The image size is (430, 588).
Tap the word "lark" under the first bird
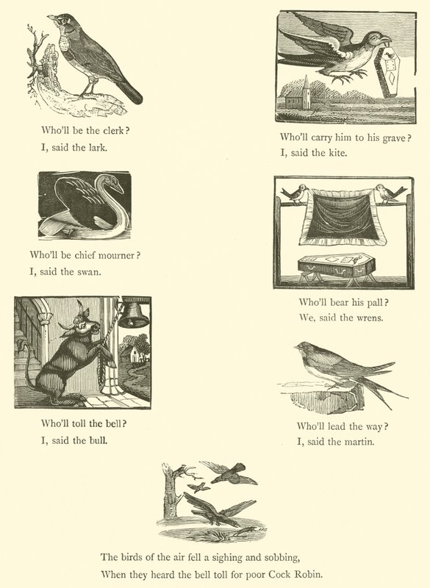[98, 148]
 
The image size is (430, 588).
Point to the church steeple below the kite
[306, 91]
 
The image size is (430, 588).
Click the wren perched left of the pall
[295, 194]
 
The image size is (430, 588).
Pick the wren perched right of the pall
[390, 194]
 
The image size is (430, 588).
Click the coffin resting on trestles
[336, 265]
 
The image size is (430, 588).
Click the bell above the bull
[133, 315]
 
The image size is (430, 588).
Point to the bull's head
[83, 323]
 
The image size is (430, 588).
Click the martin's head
[304, 348]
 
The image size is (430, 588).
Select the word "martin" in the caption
[359, 442]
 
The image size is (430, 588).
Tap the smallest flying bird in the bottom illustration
[199, 487]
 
